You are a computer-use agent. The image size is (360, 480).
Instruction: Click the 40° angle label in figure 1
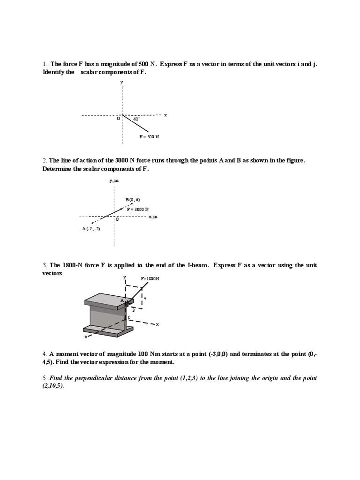click(x=136, y=119)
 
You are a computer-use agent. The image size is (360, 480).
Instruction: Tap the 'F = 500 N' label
click(x=150, y=136)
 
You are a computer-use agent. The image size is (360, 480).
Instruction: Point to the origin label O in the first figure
click(x=119, y=119)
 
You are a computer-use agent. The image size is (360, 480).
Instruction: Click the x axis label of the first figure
click(x=165, y=115)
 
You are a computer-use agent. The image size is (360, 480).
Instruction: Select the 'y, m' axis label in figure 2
click(x=114, y=180)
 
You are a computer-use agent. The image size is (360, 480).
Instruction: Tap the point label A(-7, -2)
click(x=91, y=228)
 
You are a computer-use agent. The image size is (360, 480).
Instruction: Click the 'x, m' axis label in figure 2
click(x=153, y=217)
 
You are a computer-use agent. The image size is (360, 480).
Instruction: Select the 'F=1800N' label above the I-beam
click(x=150, y=278)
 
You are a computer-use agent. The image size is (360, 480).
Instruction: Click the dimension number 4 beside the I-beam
click(x=145, y=298)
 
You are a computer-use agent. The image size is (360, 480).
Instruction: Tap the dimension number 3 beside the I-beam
click(x=133, y=309)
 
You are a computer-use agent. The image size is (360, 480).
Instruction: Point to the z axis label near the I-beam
click(x=85, y=337)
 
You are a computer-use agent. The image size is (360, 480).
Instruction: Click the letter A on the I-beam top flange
click(x=121, y=300)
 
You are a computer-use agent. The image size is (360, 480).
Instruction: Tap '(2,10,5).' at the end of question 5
click(x=53, y=386)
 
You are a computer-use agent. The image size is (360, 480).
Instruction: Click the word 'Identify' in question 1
click(x=54, y=72)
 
